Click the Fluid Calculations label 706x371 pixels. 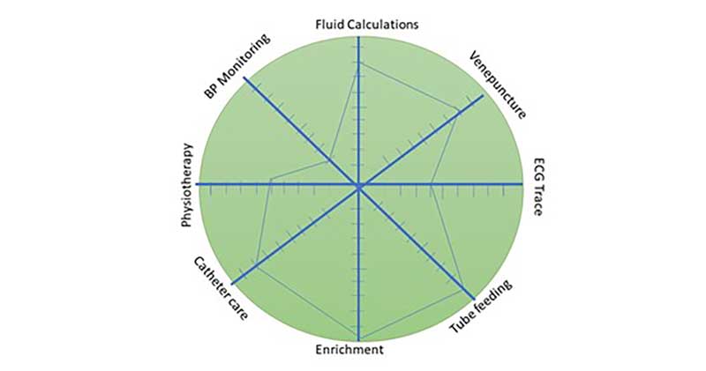[x=366, y=25]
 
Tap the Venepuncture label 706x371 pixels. [x=498, y=85]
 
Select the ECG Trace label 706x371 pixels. [x=538, y=187]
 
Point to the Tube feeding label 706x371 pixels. [x=481, y=307]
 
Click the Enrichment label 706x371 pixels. [x=349, y=350]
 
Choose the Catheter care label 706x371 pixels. [x=221, y=288]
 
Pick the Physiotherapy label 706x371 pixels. [x=187, y=185]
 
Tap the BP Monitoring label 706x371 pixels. [x=237, y=66]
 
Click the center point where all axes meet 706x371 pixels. [x=359, y=185]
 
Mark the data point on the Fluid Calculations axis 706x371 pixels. [x=359, y=64]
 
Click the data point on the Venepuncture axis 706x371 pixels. [x=458, y=110]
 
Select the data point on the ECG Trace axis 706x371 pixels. [x=431, y=184]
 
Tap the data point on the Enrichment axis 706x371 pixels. [x=359, y=339]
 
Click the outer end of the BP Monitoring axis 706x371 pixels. [x=244, y=78]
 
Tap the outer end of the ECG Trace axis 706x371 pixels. [x=522, y=184]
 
